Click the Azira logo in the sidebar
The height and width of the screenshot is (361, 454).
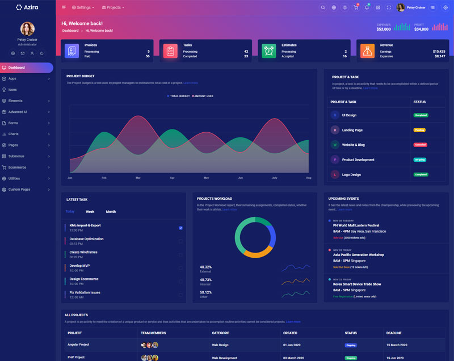[x=27, y=7]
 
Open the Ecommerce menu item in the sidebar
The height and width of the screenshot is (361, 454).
[x=17, y=167]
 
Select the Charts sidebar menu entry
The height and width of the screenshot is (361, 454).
[x=14, y=134]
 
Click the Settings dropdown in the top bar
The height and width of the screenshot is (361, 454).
[x=83, y=7]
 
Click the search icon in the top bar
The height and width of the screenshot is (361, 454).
[x=323, y=7]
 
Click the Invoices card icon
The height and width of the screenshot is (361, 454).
[x=72, y=51]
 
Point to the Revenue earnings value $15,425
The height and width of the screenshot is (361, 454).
[x=439, y=51]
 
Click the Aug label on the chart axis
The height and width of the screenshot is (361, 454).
[x=309, y=178]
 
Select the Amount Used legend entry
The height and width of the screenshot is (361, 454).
[x=203, y=96]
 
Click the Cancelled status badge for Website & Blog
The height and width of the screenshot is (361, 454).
[x=420, y=145]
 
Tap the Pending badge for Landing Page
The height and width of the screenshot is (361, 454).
[x=419, y=130]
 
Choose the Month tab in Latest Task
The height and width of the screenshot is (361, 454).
[x=111, y=212]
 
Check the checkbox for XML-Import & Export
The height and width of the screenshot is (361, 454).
[x=180, y=228]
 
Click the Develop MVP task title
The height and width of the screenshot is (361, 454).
[x=79, y=266]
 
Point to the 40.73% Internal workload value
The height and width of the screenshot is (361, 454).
[x=205, y=279]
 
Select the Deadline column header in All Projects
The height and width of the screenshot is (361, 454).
[x=394, y=333]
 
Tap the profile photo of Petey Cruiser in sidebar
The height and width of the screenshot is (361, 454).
[x=27, y=29]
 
